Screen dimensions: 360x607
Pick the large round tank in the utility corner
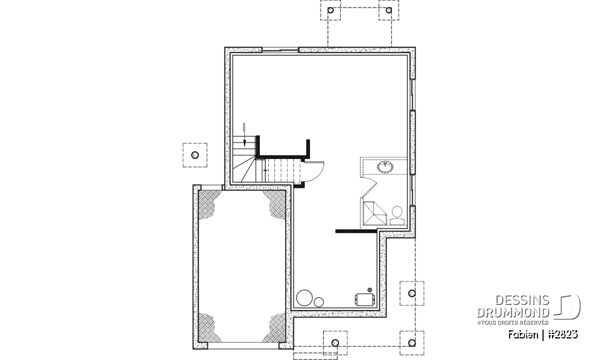coord(305,297)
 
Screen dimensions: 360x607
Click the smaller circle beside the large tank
coord(319,301)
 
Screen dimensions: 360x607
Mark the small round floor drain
coord(370,289)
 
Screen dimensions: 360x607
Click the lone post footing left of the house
coord(195,155)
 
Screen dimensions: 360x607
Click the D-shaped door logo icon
coord(569,306)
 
